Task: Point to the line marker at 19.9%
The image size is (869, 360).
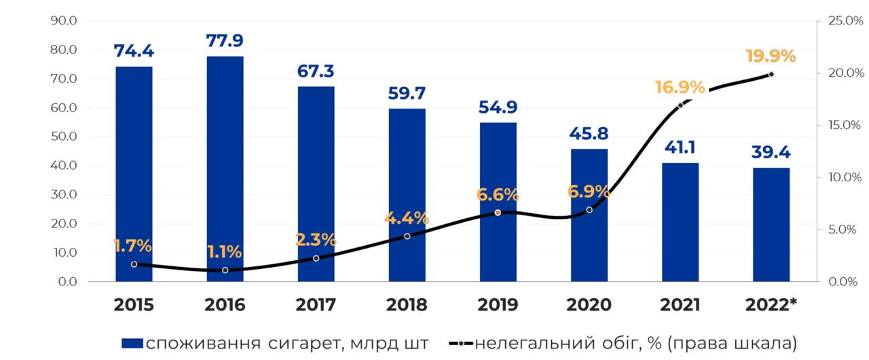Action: [x=771, y=74]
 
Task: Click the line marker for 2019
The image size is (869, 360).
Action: [x=498, y=213]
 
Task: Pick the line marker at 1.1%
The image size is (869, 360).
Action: [x=225, y=270]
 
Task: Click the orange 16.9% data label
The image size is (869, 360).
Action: [x=679, y=87]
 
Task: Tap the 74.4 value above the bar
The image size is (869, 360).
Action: [x=134, y=51]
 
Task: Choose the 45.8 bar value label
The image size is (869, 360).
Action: [x=589, y=134]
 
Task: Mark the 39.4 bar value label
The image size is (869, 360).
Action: [x=771, y=152]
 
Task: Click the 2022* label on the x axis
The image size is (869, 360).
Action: [x=771, y=305]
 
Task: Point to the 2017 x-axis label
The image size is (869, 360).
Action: [x=316, y=305]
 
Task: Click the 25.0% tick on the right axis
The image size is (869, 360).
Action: [x=845, y=21]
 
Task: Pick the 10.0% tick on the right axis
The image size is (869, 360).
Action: [x=845, y=177]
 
